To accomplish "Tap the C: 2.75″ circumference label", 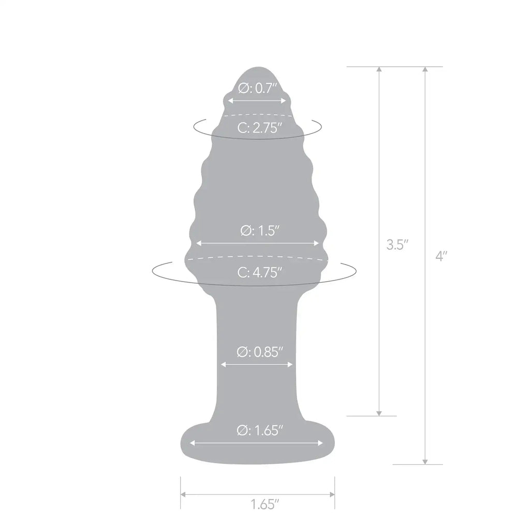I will click(x=260, y=128).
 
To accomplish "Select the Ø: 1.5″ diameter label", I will click(x=260, y=231).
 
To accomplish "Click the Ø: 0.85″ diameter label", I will click(x=260, y=352).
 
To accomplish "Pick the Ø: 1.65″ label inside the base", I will click(x=260, y=430).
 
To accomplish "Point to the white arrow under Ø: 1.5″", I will click(x=258, y=243).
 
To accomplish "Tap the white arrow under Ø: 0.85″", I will click(x=257, y=364).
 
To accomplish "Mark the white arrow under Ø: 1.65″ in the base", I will click(x=257, y=443).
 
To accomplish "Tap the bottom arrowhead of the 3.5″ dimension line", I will click(x=379, y=413).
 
